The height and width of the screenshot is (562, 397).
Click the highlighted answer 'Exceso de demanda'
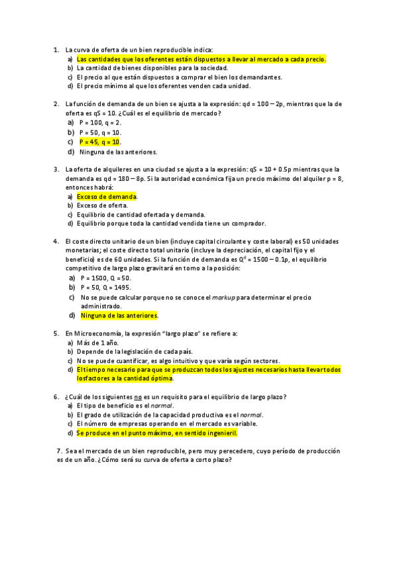[107, 197]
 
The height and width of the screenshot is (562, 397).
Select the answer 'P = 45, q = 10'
[100, 142]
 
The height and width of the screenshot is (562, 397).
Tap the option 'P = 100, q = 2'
[100, 123]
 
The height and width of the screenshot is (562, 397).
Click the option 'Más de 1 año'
[97, 343]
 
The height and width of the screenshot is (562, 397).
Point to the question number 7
[60, 451]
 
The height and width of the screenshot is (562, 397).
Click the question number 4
[56, 241]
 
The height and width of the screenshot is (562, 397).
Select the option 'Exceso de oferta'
[103, 205]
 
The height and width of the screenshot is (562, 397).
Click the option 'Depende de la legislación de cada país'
[135, 351]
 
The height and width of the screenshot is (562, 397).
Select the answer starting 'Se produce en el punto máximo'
[156, 433]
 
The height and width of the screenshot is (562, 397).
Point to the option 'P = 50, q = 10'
[100, 133]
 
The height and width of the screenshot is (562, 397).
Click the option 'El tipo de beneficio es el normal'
[125, 406]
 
